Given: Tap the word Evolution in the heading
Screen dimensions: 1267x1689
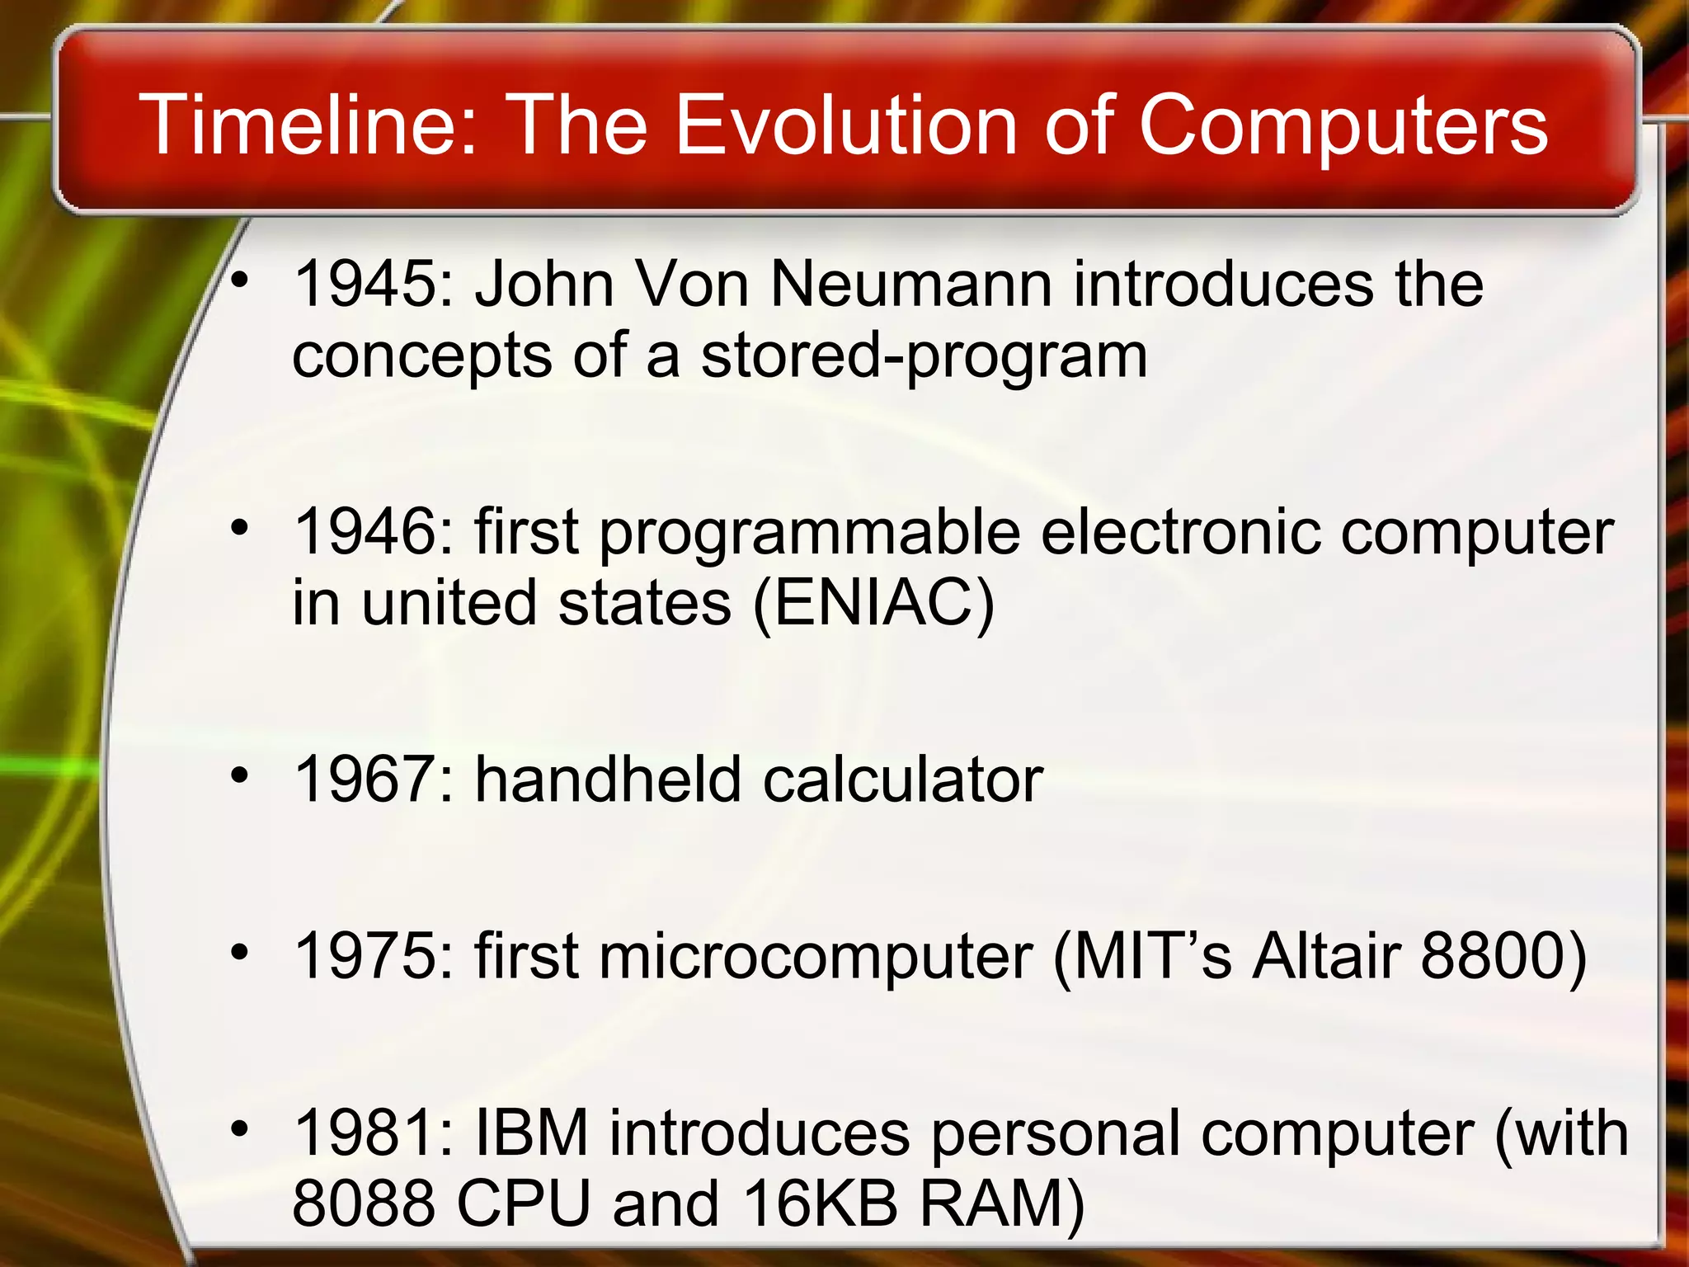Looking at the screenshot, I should [x=846, y=125].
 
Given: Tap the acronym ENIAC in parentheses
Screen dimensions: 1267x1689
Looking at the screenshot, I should [x=873, y=603].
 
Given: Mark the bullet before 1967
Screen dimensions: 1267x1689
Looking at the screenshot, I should [x=239, y=775].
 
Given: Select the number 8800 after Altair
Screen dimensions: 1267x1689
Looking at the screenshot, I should [x=1493, y=957].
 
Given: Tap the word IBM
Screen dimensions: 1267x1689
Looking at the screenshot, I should [x=532, y=1133].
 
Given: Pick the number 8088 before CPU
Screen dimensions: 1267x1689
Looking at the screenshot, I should [x=364, y=1203].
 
